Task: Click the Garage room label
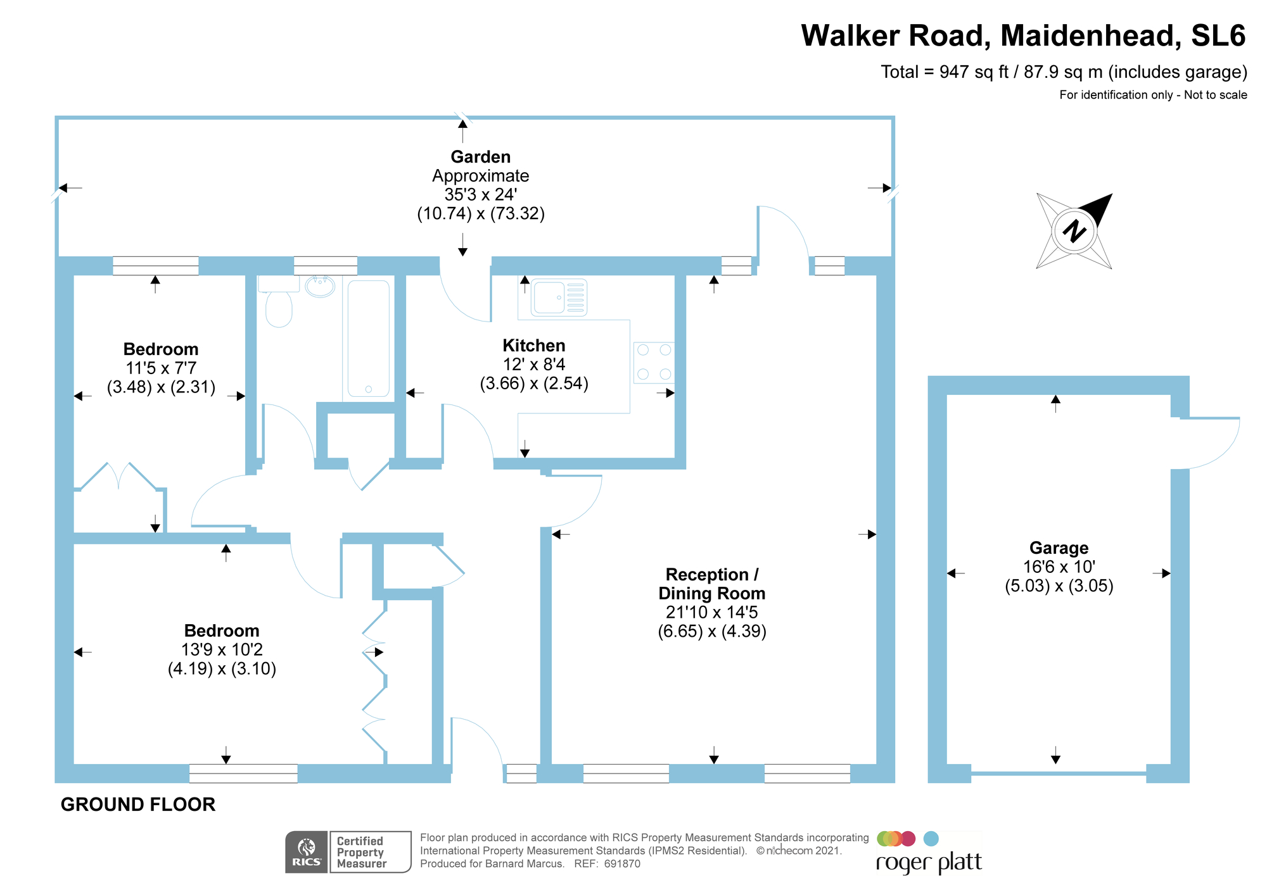(1059, 548)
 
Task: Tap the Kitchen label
(533, 346)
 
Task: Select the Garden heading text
(480, 157)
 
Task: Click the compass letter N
(1074, 231)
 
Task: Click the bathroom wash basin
(320, 286)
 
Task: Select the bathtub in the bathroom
(368, 339)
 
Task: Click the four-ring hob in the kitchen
(654, 362)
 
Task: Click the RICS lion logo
(307, 848)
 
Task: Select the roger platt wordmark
(929, 863)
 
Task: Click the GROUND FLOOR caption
(138, 804)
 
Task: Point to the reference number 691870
(622, 864)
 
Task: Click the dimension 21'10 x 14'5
(711, 612)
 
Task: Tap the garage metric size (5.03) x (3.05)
(1059, 586)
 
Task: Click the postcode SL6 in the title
(1218, 36)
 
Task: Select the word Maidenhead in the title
(1090, 36)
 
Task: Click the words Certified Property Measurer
(361, 852)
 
